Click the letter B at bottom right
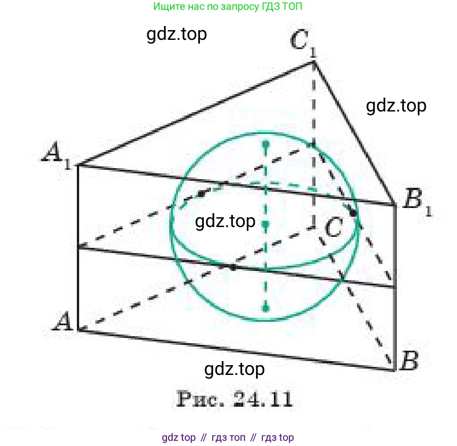point(410,360)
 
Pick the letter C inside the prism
point(334,227)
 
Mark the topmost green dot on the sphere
point(266,144)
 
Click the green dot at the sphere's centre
point(266,224)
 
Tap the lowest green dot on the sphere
point(266,308)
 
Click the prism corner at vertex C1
point(314,61)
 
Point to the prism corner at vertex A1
point(78,165)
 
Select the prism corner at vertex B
point(395,370)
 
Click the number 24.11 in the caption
point(263,399)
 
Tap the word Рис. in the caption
point(200,399)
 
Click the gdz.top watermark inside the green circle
point(225,221)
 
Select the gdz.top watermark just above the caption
point(235,369)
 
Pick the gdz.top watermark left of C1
point(177,35)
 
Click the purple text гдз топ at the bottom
point(228,437)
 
